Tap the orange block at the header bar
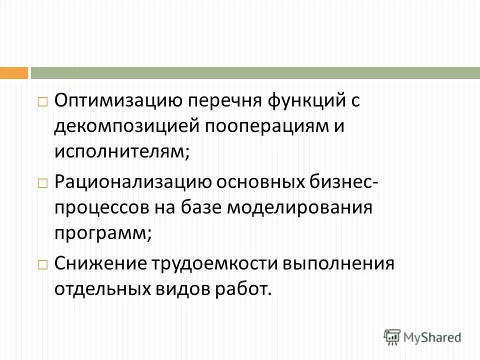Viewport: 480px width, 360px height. coord(14,73)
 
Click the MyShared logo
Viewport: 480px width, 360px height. coord(422,337)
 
